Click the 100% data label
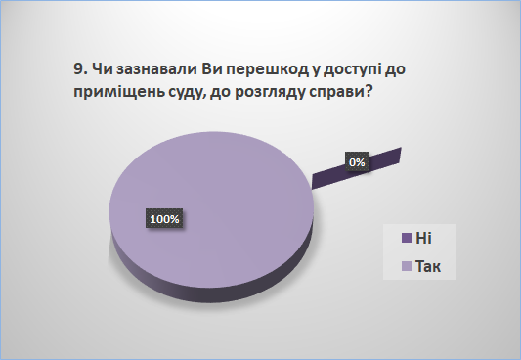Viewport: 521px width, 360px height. pos(164,219)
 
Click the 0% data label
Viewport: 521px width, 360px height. pos(357,161)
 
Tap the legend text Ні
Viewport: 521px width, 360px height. pos(423,238)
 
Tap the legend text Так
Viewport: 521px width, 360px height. pos(428,267)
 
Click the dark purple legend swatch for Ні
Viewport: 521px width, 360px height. pos(407,238)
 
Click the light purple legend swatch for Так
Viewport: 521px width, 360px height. pos(407,266)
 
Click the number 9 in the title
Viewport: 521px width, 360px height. pos(78,69)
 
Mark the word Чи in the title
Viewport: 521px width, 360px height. pos(102,69)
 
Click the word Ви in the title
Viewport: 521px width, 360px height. pos(208,69)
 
